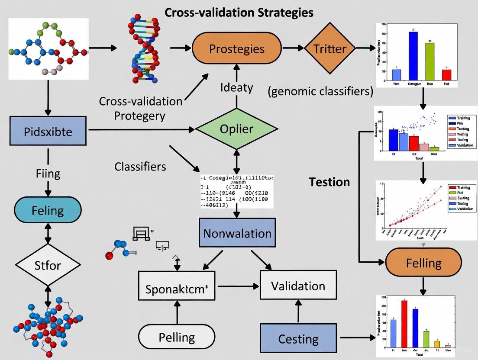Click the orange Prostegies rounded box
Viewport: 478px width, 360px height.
pos(236,48)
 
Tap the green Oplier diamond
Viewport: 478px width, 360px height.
pos(236,129)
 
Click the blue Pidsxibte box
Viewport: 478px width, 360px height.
pos(48,131)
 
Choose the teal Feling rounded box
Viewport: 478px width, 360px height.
pos(48,211)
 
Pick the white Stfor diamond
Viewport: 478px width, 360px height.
pos(48,264)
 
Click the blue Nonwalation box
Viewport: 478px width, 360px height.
pos(237,233)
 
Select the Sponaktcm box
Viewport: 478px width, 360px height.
pos(176,286)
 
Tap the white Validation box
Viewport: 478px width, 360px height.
pos(298,286)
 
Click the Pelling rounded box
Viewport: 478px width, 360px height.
pos(177,337)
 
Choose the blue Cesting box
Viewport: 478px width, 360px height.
pos(298,338)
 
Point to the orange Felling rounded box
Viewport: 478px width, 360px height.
pos(423,263)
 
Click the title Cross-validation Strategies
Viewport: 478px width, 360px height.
pos(239,12)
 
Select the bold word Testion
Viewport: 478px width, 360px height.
pos(329,182)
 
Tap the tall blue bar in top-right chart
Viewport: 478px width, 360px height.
pos(413,56)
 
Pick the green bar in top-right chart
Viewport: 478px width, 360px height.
pos(430,62)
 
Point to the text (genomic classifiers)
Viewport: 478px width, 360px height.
pos(320,91)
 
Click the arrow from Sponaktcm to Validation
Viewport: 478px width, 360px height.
pos(238,286)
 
